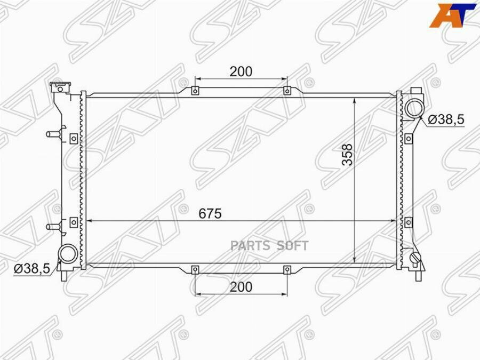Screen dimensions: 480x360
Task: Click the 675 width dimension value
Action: pyautogui.click(x=210, y=213)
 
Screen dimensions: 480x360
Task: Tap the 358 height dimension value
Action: pyautogui.click(x=347, y=155)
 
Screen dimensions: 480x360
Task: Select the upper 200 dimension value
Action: pyautogui.click(x=241, y=71)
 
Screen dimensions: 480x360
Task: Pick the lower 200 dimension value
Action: pyautogui.click(x=241, y=287)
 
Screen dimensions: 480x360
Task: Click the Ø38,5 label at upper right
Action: pyautogui.click(x=446, y=119)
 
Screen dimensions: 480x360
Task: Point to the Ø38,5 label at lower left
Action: pyautogui.click(x=32, y=269)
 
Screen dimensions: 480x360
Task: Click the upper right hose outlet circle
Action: pyautogui.click(x=413, y=108)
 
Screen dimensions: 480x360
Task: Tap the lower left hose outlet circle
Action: pyautogui.click(x=68, y=253)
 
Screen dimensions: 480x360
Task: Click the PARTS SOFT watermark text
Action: pyautogui.click(x=269, y=245)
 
